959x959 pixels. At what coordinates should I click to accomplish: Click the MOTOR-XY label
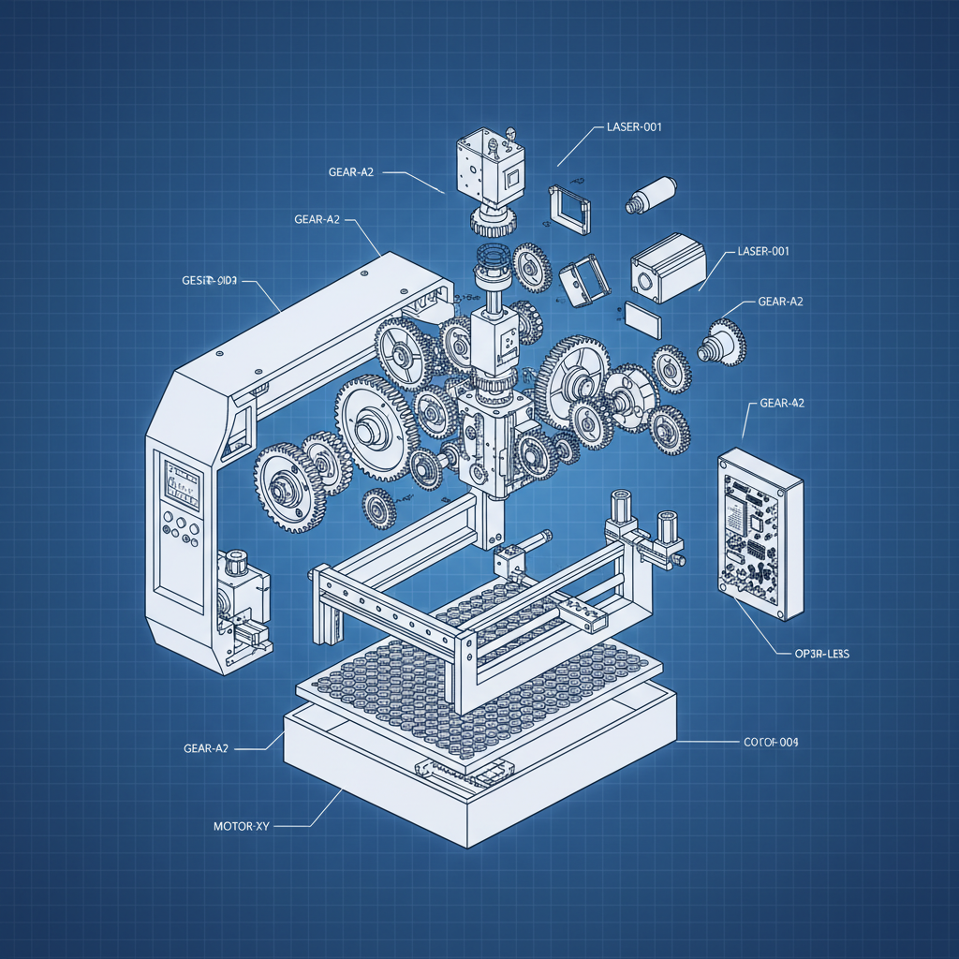[242, 827]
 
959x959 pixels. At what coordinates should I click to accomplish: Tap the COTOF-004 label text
[770, 742]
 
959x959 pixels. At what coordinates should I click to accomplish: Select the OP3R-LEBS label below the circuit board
[814, 655]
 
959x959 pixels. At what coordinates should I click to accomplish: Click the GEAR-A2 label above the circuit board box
[782, 403]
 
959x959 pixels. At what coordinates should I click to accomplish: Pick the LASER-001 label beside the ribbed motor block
[763, 251]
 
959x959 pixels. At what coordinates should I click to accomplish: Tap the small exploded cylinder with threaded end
[652, 194]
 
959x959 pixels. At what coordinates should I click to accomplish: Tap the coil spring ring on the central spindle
[489, 257]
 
